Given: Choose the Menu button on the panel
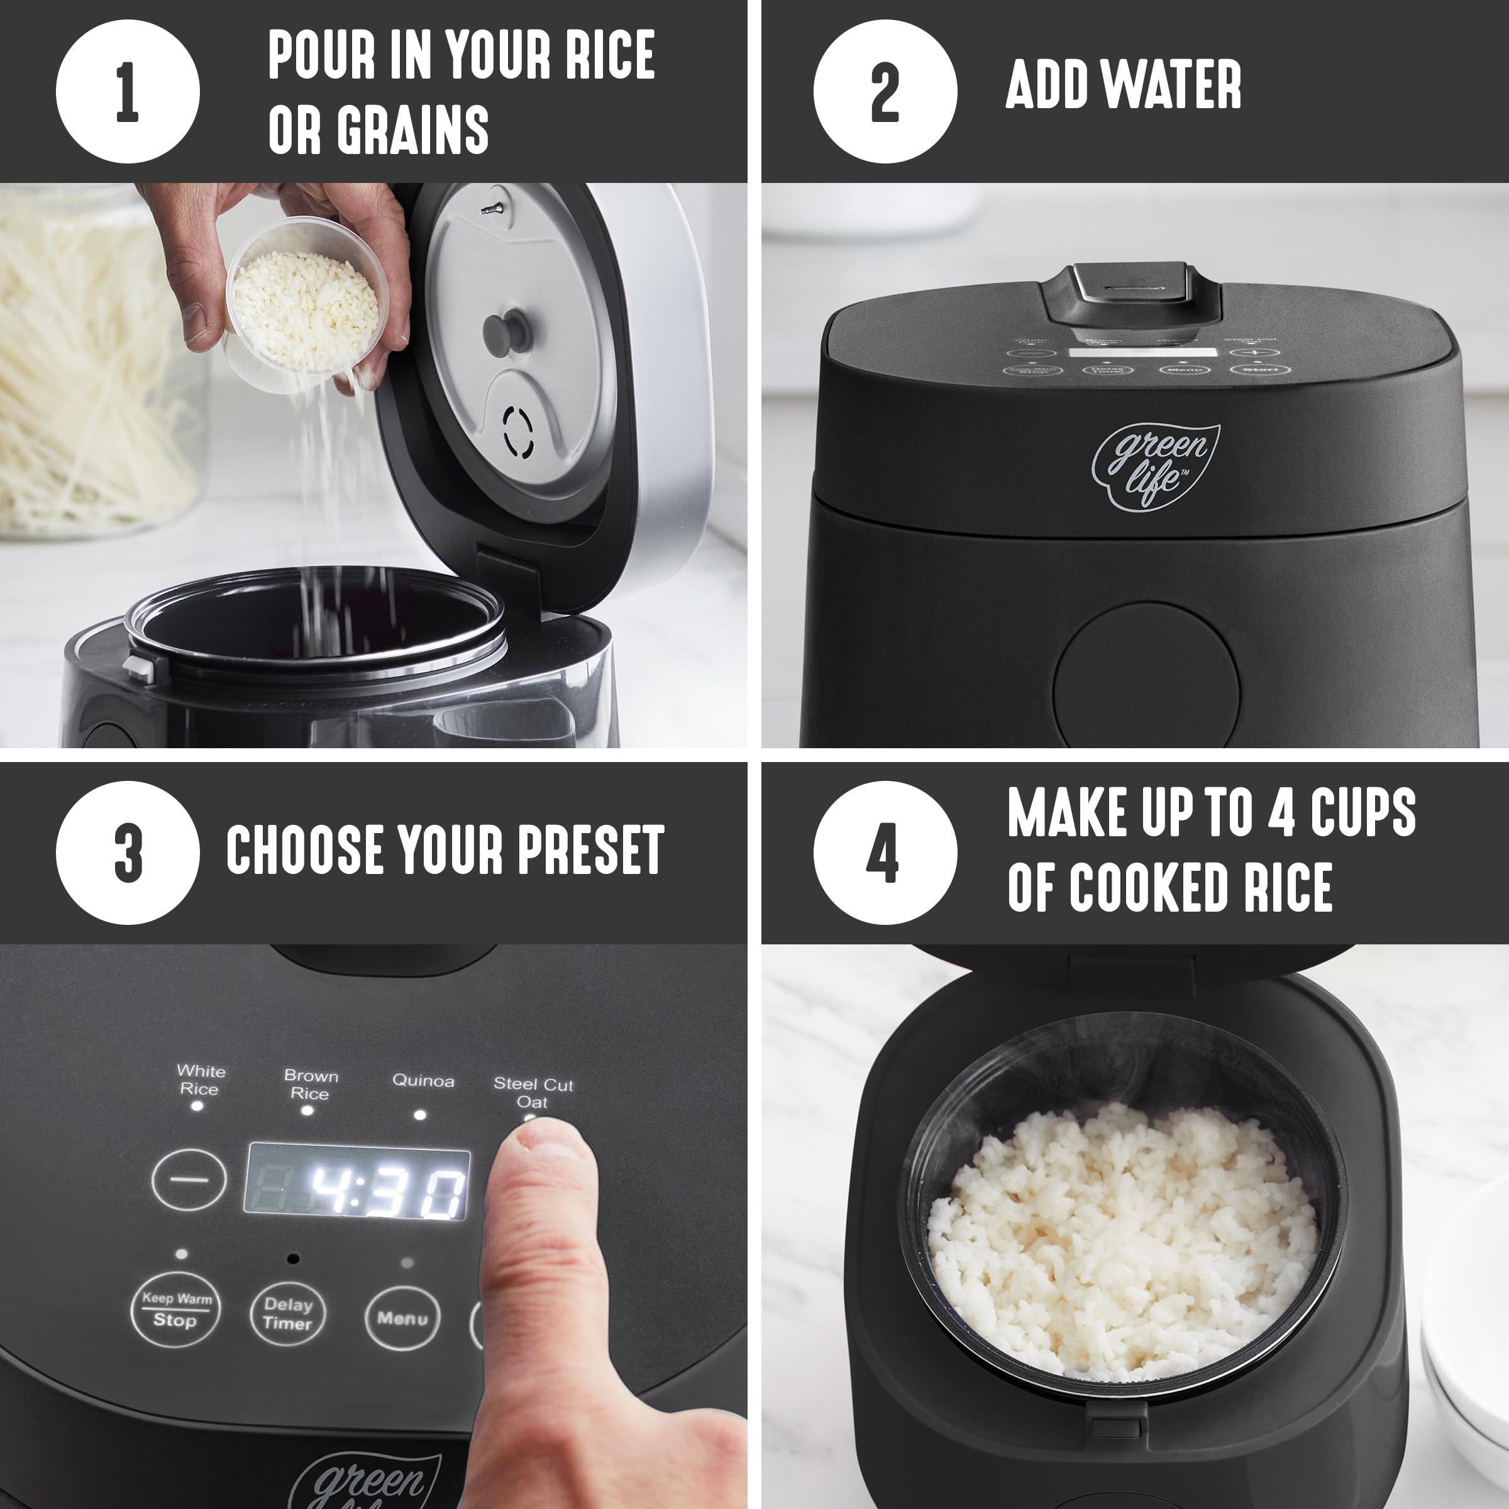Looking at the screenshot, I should [402, 1318].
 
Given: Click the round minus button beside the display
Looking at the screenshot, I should [189, 1180].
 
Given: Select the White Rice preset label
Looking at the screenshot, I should [200, 1080].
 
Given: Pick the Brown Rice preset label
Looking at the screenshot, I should [310, 1085].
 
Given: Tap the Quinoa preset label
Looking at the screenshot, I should [423, 1081].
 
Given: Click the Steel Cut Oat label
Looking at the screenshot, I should [533, 1093].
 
